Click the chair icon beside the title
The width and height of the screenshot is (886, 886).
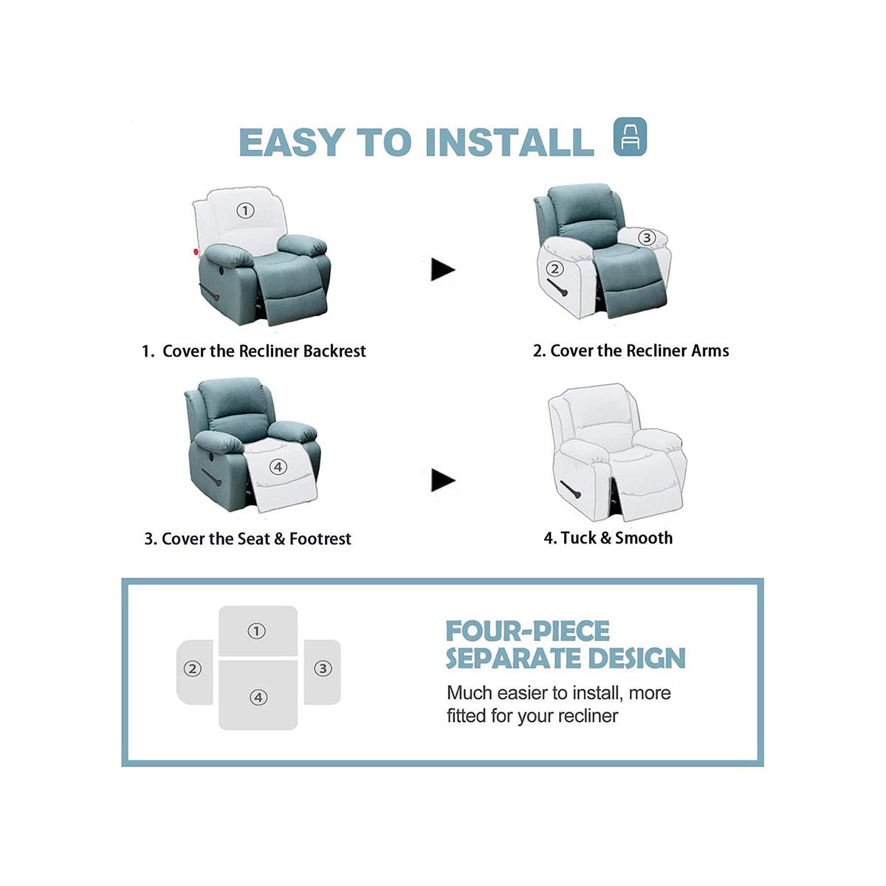[x=630, y=137]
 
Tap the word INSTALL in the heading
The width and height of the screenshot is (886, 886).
[x=509, y=142]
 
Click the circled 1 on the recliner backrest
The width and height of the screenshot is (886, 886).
[x=245, y=210]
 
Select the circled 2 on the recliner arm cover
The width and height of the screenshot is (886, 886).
[x=555, y=269]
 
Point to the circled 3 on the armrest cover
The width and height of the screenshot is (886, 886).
[x=646, y=238]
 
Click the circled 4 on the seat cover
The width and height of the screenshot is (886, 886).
[x=278, y=467]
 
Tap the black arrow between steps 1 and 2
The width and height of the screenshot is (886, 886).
[x=443, y=269]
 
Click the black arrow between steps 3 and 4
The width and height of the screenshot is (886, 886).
[x=443, y=481]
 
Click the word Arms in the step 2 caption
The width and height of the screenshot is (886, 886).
[x=710, y=351]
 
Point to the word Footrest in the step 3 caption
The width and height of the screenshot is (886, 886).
[x=320, y=539]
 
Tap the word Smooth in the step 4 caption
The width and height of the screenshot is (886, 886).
[x=644, y=538]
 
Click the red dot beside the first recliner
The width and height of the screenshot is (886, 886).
[x=196, y=253]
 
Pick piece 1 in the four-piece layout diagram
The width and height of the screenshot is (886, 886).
[x=257, y=631]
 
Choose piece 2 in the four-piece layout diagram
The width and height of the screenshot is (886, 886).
[x=193, y=669]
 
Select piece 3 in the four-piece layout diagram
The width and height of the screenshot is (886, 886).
[x=323, y=669]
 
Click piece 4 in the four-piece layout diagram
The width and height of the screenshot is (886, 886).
[x=258, y=697]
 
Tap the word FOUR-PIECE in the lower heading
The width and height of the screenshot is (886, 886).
[x=528, y=632]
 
